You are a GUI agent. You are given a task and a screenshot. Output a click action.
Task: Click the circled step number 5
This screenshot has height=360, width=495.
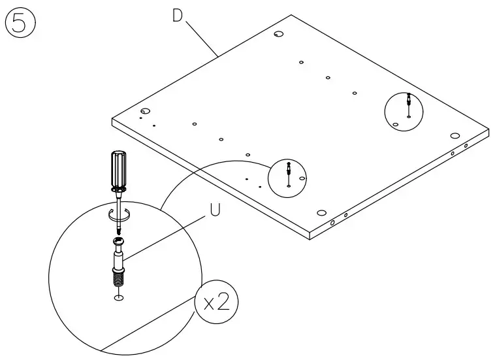(x=20, y=25)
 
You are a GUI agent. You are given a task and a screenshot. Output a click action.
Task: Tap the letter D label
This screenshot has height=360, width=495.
(x=177, y=16)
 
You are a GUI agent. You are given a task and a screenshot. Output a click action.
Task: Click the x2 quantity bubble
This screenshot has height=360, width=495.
(x=216, y=304)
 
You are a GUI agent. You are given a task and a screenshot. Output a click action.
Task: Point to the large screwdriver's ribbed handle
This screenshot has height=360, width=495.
(x=118, y=168)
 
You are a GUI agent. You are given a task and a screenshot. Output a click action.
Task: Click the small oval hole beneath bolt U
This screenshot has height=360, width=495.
(x=119, y=298)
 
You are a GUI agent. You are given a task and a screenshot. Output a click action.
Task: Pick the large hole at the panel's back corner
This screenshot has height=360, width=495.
(x=278, y=34)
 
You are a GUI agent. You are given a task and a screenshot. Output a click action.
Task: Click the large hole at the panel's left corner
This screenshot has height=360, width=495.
(x=145, y=111)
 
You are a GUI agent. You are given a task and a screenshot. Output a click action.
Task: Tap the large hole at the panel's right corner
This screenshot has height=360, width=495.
(x=455, y=135)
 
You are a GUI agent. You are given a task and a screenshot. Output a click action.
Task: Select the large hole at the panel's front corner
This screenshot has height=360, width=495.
(x=321, y=213)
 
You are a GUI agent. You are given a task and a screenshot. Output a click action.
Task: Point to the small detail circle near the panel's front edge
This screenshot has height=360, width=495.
(x=287, y=177)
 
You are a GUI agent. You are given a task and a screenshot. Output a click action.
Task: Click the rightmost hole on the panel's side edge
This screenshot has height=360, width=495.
(x=466, y=146)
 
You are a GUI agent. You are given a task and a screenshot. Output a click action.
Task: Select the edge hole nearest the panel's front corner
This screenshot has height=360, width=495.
(x=332, y=223)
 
